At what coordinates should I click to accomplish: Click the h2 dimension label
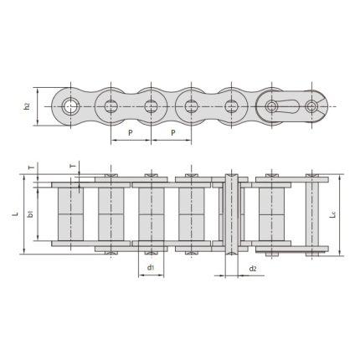tap(27, 105)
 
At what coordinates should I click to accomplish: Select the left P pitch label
tap(131, 132)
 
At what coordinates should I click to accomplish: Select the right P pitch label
tap(171, 132)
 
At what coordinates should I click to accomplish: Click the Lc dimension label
tap(334, 214)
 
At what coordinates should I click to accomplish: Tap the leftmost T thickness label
tap(31, 167)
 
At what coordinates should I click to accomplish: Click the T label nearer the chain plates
tap(72, 166)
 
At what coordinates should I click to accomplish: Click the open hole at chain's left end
tap(70, 105)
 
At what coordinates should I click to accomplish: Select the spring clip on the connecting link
tap(293, 105)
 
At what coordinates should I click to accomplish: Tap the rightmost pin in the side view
tap(312, 105)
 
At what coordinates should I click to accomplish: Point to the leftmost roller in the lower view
tap(70, 214)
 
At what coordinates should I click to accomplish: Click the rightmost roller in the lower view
tap(271, 214)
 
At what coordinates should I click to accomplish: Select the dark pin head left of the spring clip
tap(273, 105)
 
